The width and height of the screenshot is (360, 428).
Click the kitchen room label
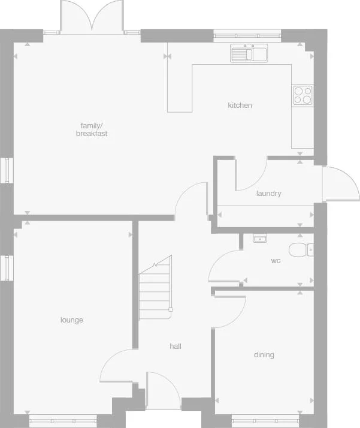(240, 106)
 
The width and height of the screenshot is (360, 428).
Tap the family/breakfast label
(92, 129)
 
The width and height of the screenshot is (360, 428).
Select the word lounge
(72, 320)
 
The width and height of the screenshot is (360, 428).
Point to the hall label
(176, 346)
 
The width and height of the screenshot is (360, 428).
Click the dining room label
(264, 355)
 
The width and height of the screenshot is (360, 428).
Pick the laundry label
(268, 194)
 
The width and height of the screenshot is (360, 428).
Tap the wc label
(276, 261)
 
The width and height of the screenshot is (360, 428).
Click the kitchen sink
(249, 54)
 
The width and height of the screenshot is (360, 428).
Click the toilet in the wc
(300, 249)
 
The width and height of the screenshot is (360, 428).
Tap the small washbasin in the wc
(260, 238)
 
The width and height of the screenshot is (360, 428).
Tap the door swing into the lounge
(117, 365)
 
